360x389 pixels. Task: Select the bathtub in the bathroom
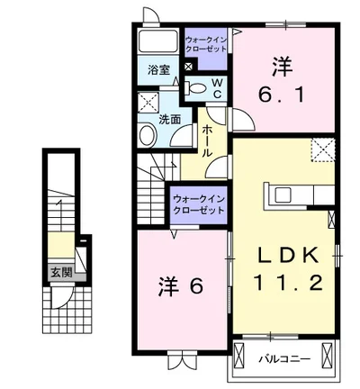pos(158,41)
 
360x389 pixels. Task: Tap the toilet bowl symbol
pos(195,88)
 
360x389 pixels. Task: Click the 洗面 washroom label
pos(170,117)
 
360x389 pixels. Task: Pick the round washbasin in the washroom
pos(148,134)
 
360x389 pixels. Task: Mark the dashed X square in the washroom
pos(148,102)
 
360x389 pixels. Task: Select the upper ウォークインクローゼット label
pos(206,45)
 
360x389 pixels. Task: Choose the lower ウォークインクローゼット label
pos(196,203)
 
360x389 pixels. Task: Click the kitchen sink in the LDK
pos(281,194)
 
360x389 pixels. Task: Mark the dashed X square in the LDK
pos(321,150)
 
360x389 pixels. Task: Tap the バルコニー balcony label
pos(285,358)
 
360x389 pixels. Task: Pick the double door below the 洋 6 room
pos(180,362)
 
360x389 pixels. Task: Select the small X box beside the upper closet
pos(188,66)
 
